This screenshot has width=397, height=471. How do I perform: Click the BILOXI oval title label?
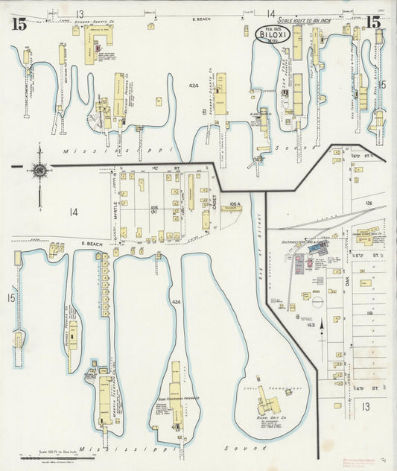point(273,33)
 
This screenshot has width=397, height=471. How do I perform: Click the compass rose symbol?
point(39,171)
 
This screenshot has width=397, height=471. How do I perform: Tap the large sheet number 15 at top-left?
point(19,23)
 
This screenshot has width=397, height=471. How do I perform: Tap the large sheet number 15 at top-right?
point(373,22)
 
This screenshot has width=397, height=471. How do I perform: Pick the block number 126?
point(367,202)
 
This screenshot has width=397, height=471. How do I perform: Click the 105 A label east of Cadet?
point(232,203)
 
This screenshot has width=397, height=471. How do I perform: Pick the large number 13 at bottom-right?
point(365,406)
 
